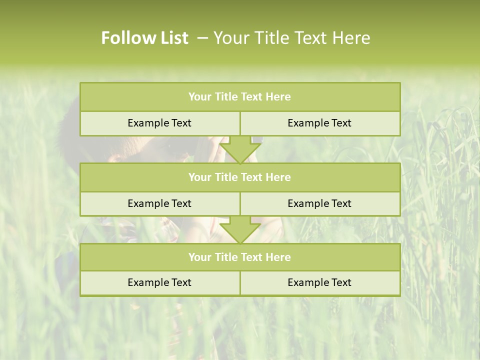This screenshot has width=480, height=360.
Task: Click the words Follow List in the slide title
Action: click(144, 38)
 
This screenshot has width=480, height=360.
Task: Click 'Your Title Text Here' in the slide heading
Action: click(291, 38)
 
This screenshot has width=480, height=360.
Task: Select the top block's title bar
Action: click(240, 97)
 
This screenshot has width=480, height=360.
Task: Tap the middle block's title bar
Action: click(240, 177)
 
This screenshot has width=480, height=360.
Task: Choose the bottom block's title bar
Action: click(240, 257)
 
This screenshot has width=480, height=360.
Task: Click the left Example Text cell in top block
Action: click(159, 123)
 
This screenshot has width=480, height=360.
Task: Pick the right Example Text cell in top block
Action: click(319, 123)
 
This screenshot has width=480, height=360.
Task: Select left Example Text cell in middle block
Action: click(159, 203)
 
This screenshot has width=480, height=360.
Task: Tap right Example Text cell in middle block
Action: click(319, 203)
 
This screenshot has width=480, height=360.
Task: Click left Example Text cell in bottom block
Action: click(159, 282)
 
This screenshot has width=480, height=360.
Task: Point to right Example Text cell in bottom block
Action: click(319, 282)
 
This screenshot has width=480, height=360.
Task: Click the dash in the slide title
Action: click(202, 38)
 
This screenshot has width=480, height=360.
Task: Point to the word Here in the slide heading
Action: click(351, 38)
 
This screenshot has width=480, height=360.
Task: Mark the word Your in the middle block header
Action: click(200, 177)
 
